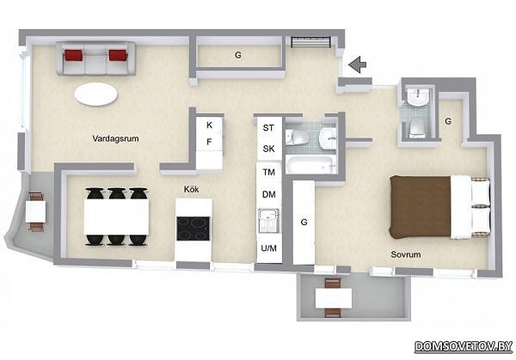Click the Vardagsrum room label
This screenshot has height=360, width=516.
pos(115,138)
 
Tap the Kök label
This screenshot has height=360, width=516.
pos(191,189)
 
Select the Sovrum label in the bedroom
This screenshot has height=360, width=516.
pos(406,254)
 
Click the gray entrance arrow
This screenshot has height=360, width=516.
pos(358,64)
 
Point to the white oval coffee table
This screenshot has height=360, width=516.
pos(95,94)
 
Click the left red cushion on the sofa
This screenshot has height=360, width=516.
pos(73,55)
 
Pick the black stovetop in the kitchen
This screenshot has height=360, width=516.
pos(193,229)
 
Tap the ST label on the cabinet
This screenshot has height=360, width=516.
pos(268,127)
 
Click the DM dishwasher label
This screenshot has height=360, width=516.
pos(269,195)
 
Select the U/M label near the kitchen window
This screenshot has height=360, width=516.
pos(269,248)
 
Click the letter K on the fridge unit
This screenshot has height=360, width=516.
pos(209,125)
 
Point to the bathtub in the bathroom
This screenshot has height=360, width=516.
pos(311,165)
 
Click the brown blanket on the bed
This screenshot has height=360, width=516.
pos(421,206)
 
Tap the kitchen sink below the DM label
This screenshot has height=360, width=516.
pos(269,221)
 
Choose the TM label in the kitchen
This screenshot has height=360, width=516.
pos(269,172)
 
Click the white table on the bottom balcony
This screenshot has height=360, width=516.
pos(334,298)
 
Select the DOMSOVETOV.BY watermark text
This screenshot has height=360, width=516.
pos(464,346)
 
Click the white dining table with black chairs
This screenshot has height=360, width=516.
pos(116,217)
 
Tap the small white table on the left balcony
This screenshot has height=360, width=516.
pos(36,211)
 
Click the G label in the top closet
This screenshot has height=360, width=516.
pos(238,55)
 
